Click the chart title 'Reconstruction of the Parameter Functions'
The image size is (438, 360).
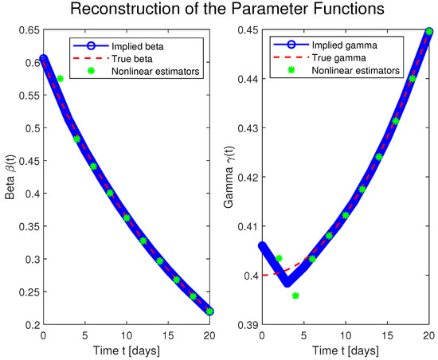coord(219,12)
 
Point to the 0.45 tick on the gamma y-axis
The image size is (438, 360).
coord(245,30)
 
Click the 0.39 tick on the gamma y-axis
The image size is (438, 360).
coord(245,325)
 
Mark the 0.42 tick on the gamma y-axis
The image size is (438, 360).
coord(245,178)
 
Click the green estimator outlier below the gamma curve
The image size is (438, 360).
coord(295,295)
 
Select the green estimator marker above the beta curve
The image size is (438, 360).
coord(61,78)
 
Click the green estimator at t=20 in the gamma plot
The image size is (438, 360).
coord(430,32)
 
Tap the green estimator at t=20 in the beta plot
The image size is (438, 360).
coord(210,311)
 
